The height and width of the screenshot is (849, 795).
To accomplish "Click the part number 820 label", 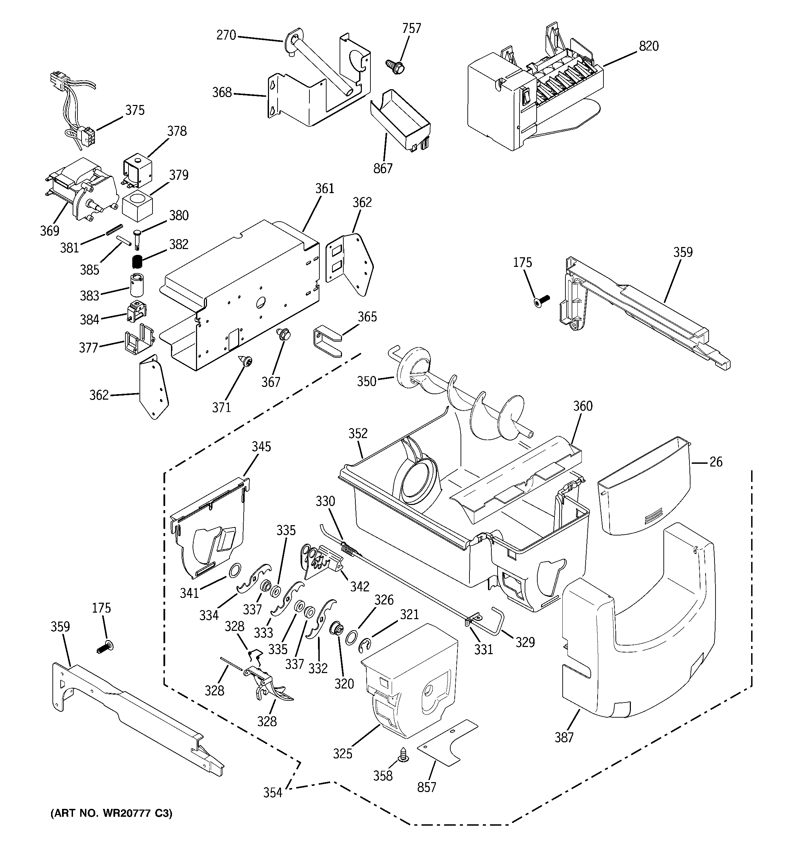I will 648,46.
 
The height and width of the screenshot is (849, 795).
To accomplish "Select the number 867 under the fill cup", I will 382,169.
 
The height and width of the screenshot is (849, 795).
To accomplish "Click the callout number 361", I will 325,188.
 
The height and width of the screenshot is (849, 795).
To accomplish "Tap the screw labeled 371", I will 247,361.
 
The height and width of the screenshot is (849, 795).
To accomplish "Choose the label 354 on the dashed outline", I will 272,793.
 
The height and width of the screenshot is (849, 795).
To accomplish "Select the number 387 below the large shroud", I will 564,737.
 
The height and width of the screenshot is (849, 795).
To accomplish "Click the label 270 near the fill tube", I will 226,35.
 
